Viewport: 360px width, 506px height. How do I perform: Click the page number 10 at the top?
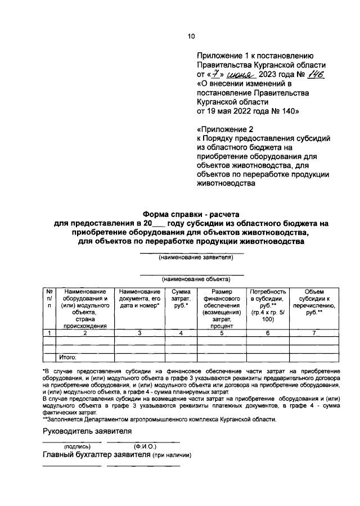(191, 37)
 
